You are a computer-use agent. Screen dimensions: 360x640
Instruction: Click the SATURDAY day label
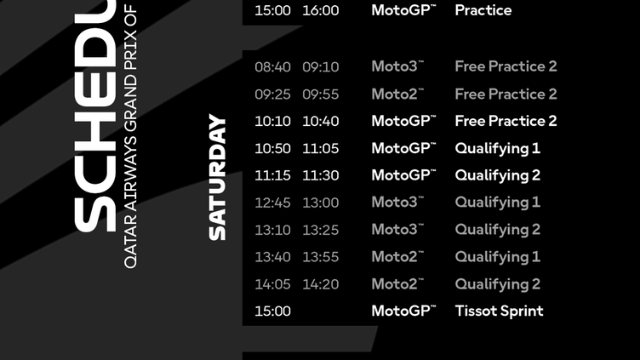[218, 177]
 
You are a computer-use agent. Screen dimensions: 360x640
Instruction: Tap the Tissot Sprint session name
[499, 311]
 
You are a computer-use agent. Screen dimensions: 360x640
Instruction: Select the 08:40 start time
[272, 66]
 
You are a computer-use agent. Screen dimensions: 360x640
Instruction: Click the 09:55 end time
[320, 94]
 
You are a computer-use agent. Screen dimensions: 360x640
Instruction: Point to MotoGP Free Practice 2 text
[506, 121]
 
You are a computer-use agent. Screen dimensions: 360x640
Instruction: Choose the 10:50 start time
[272, 148]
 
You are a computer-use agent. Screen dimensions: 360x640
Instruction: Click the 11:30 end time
[320, 175]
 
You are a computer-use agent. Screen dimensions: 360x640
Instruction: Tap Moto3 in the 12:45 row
[397, 203]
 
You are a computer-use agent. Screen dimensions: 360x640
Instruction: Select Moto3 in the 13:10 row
[397, 230]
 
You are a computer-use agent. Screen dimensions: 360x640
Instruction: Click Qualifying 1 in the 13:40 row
[497, 257]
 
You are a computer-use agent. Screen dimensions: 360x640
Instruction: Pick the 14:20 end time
[320, 284]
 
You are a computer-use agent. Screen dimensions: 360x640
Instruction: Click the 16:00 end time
[320, 10]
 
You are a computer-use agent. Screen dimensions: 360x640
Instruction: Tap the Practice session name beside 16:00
[483, 10]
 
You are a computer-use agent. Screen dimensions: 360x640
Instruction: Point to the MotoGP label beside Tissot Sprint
[403, 311]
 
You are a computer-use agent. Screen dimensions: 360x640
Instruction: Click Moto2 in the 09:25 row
[397, 94]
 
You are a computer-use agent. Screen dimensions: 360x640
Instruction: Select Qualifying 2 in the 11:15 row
[497, 175]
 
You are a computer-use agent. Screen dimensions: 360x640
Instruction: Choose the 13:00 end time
[320, 203]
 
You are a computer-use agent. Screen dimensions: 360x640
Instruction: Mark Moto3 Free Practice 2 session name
[506, 66]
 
